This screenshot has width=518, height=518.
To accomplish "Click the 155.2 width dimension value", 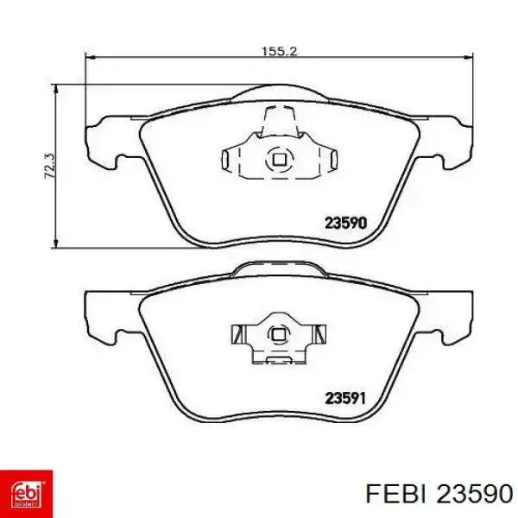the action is point(280,51).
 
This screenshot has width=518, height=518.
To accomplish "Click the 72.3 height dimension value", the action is point(50,166).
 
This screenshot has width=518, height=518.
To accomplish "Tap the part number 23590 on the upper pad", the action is point(345,223).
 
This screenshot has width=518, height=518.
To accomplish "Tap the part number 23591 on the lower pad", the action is point(345,398).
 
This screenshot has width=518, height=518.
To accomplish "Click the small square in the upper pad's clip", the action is point(279,160).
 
